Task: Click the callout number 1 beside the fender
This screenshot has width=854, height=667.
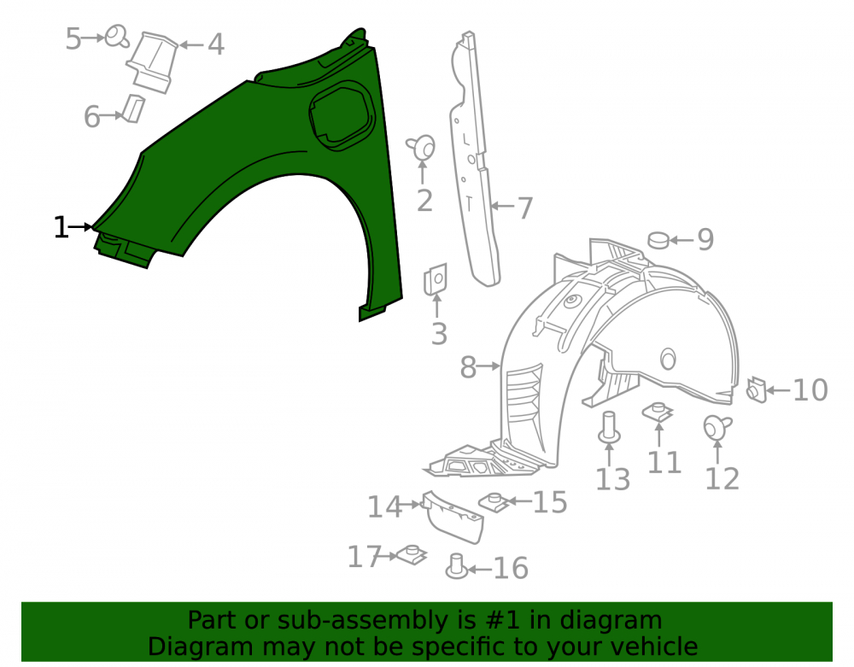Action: (x=61, y=227)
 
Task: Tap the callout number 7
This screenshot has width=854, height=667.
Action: (x=524, y=208)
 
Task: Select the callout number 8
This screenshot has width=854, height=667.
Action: (x=468, y=367)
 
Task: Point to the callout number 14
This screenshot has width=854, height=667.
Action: (x=384, y=507)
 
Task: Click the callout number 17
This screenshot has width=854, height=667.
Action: (x=364, y=557)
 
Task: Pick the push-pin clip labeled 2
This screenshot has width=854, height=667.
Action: (x=422, y=148)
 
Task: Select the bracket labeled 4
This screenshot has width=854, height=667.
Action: (x=153, y=61)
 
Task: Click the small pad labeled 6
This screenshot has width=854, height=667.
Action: (x=133, y=108)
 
